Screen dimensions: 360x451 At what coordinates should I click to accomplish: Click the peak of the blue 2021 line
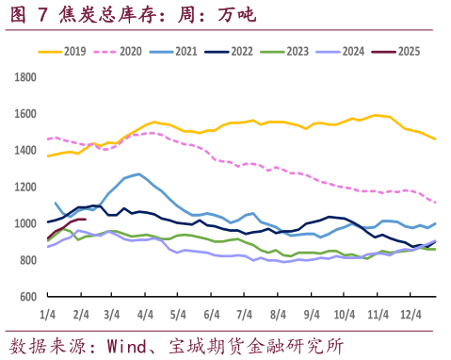coord(139,173)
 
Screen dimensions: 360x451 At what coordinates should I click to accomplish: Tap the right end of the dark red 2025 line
coord(86,220)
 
